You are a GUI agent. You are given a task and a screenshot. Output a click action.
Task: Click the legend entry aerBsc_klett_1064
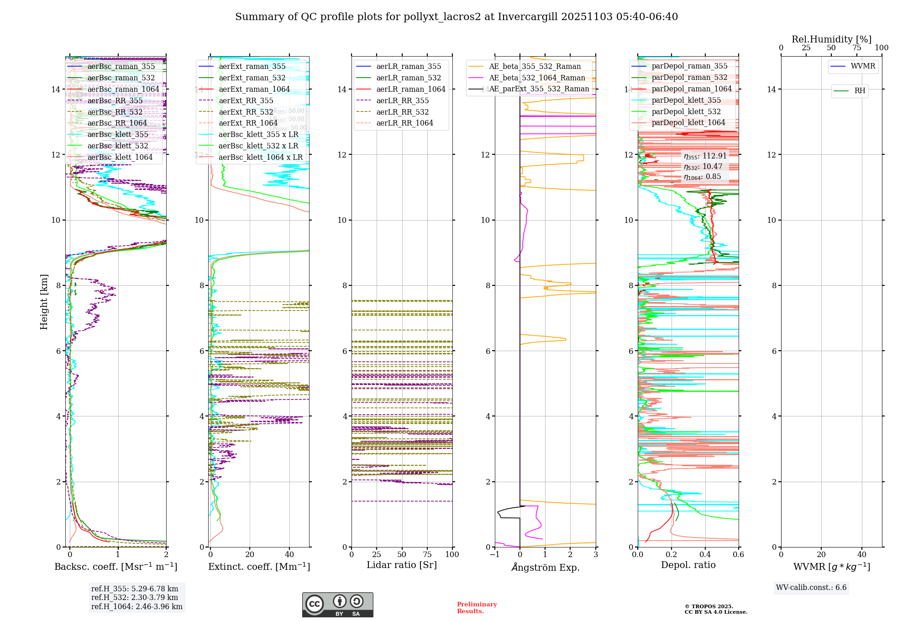(x=120, y=157)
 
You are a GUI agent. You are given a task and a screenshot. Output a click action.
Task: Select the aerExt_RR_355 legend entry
(x=246, y=100)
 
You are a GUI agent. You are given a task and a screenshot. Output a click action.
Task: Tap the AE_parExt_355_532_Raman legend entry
(x=539, y=89)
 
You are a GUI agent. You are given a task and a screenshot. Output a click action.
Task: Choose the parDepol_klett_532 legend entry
(x=686, y=111)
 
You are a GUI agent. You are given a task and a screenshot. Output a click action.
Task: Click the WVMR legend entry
(x=863, y=66)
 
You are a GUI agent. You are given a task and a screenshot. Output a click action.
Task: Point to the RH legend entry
(x=860, y=91)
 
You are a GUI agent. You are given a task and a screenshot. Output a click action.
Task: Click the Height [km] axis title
(x=44, y=301)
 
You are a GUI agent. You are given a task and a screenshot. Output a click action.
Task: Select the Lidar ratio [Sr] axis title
(x=402, y=565)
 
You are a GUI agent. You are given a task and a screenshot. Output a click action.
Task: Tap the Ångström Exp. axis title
(x=545, y=568)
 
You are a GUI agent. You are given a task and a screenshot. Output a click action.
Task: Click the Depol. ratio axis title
(x=688, y=565)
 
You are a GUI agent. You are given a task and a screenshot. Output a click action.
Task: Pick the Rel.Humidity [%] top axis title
(x=831, y=39)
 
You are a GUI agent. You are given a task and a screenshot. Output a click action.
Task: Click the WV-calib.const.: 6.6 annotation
(x=811, y=588)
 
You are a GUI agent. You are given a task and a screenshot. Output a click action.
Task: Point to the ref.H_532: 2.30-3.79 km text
(x=135, y=597)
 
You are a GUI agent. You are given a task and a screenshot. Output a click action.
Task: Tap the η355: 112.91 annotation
(x=705, y=156)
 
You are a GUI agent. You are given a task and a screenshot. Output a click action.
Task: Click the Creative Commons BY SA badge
(x=337, y=605)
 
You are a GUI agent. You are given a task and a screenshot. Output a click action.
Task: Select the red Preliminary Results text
(x=477, y=608)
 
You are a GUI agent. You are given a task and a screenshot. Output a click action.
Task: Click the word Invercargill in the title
(x=528, y=17)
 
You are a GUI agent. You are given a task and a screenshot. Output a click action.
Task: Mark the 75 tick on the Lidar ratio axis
(x=427, y=555)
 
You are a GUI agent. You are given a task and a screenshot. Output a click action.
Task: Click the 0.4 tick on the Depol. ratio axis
(x=705, y=555)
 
